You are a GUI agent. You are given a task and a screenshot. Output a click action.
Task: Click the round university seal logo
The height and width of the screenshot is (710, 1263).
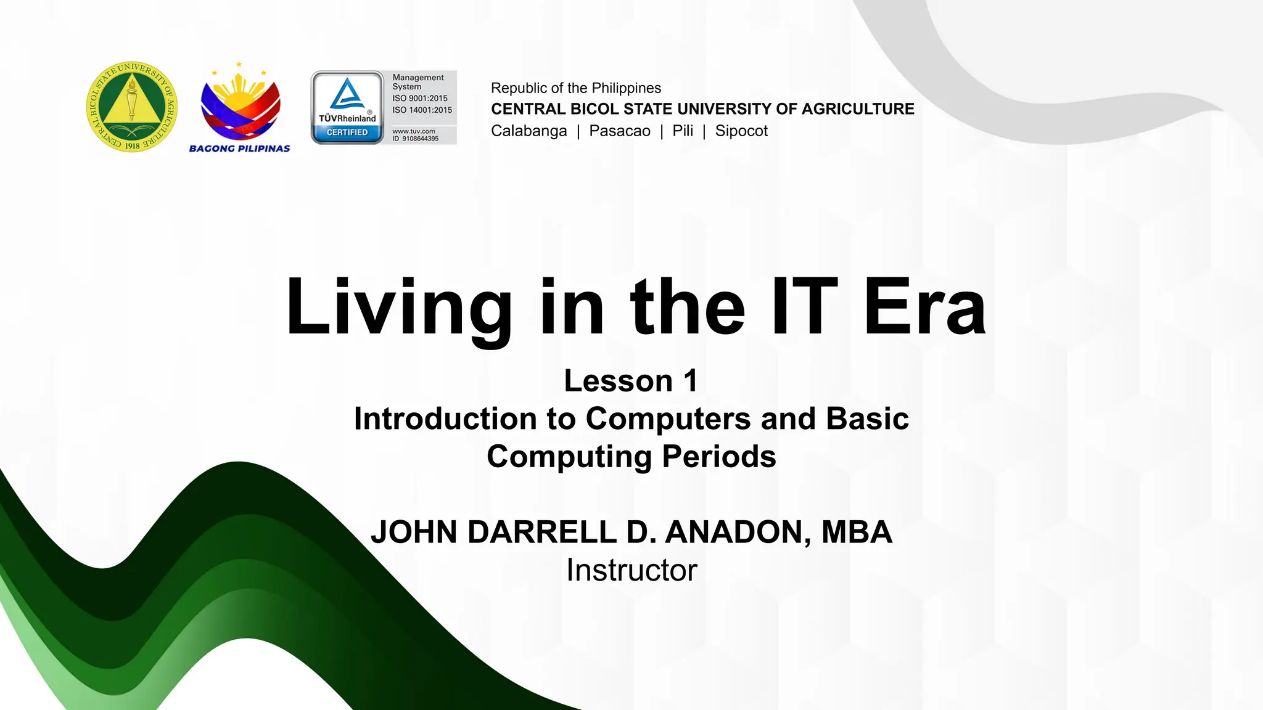[x=131, y=107]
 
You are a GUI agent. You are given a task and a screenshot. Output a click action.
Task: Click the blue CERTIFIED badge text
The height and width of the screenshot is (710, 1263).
[x=347, y=133]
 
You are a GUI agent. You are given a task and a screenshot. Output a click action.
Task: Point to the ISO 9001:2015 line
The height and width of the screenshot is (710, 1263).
[x=420, y=99]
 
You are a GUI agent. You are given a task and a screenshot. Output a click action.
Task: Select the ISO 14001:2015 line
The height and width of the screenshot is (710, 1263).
[x=422, y=110]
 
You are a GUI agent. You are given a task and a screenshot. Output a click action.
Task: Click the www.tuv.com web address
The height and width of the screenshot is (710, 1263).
[x=414, y=131]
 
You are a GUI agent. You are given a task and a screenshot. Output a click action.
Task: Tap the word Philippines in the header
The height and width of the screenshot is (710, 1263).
[x=626, y=88]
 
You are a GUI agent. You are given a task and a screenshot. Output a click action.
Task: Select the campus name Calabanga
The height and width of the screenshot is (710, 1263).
[x=529, y=131]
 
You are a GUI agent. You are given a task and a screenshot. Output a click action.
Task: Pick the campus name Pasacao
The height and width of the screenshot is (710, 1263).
[x=620, y=131]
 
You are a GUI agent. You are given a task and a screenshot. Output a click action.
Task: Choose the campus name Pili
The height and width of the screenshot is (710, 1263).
[x=683, y=131]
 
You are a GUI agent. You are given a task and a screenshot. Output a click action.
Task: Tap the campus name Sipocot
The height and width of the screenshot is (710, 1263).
[x=741, y=131]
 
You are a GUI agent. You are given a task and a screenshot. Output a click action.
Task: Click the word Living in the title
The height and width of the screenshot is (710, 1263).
[x=398, y=308]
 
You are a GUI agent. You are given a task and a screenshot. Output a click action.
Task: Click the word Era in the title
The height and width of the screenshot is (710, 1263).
[x=924, y=308]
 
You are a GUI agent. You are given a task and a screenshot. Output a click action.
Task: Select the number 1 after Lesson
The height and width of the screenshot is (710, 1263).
[x=691, y=381]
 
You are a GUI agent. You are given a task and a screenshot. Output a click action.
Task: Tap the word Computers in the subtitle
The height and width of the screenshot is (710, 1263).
[x=668, y=419]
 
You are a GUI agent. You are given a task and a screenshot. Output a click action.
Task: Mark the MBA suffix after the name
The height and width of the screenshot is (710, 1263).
[x=857, y=532]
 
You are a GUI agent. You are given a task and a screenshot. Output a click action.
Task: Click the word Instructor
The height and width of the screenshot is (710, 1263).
[x=631, y=570]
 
